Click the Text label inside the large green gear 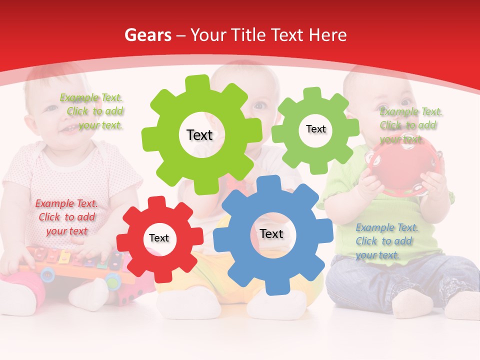click(x=199, y=135)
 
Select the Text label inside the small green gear click(x=315, y=129)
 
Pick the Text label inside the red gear click(x=159, y=238)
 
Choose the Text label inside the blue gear click(x=271, y=233)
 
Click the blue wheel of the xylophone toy click(x=47, y=273)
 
